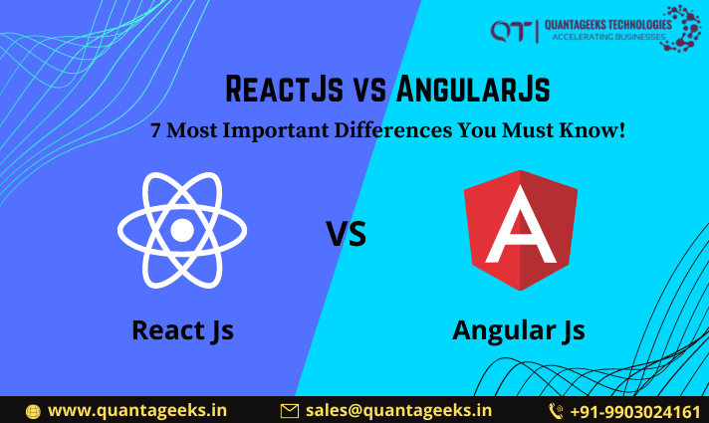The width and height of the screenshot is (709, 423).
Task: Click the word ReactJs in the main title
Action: click(281, 90)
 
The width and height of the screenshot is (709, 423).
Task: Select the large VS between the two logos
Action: click(347, 234)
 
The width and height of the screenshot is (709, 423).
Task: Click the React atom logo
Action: click(181, 230)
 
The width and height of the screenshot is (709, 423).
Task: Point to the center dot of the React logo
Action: click(181, 230)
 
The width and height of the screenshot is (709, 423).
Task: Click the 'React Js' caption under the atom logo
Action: click(182, 329)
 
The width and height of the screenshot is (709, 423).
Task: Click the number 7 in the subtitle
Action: click(155, 130)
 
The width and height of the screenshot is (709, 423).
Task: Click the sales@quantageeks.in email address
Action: click(398, 409)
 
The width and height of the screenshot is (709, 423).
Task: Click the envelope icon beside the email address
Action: click(290, 410)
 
